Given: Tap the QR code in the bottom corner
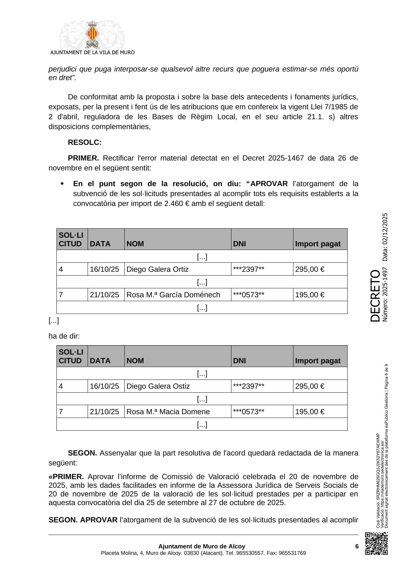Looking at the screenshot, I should (376, 544).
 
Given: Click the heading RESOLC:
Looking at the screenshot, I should (85, 143).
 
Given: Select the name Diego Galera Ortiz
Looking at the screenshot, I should (158, 269).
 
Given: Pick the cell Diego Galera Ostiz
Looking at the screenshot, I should (158, 386).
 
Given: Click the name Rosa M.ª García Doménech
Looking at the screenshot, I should (173, 295).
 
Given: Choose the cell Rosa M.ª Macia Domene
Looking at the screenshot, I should (168, 412).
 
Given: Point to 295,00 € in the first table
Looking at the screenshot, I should (310, 269).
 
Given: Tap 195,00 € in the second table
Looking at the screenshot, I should (310, 412).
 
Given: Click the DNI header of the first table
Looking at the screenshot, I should (240, 244).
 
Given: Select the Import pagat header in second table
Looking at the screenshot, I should (318, 361).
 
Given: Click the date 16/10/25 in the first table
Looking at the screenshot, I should (104, 269).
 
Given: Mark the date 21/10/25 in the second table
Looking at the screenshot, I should (104, 412).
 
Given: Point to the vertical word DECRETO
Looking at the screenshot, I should (375, 296).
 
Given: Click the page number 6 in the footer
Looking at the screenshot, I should (356, 546).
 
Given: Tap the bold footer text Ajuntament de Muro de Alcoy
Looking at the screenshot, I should (202, 546).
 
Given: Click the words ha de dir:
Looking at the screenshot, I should (64, 336).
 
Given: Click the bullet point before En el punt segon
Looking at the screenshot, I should (62, 184).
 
